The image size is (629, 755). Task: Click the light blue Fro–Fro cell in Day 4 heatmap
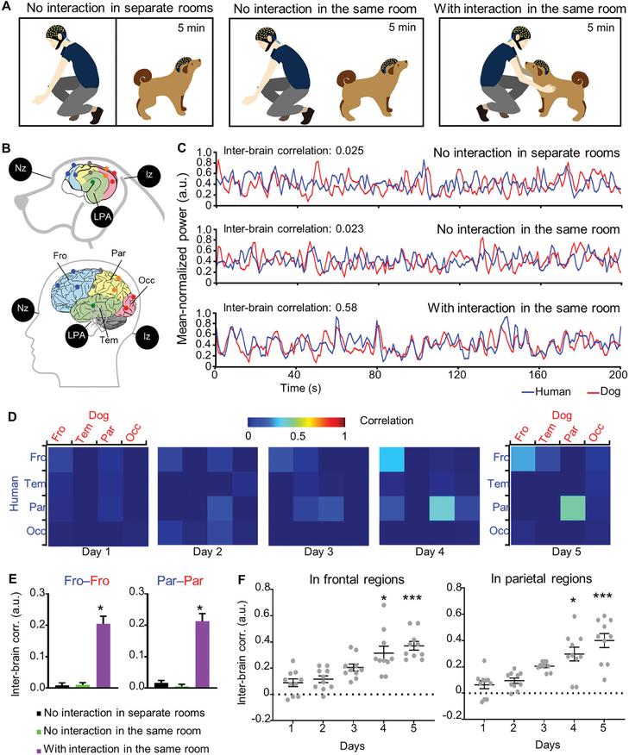point(393,456)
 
